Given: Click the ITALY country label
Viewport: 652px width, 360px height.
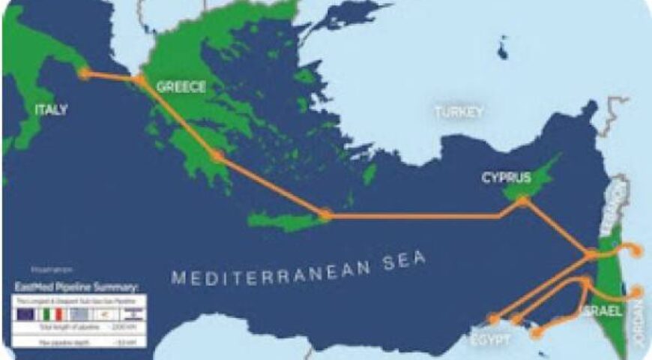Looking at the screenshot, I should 51,110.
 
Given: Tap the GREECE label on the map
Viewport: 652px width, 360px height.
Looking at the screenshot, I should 181,88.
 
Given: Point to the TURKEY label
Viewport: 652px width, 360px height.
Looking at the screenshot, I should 459,112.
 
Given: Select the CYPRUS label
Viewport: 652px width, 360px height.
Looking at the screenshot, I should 506,178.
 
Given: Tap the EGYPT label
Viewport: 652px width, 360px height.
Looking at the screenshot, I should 492,339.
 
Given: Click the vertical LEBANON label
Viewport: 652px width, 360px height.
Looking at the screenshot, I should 618,201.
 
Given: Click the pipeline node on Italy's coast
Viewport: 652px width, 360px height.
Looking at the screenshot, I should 85,73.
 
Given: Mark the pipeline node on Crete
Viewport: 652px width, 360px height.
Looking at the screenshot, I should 325,215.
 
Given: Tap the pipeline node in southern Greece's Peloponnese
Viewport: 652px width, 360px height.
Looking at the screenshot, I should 217,157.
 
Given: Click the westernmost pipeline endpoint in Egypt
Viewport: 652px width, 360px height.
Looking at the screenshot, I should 492,319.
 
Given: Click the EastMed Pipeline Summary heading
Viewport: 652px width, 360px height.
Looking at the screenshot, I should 78,287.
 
